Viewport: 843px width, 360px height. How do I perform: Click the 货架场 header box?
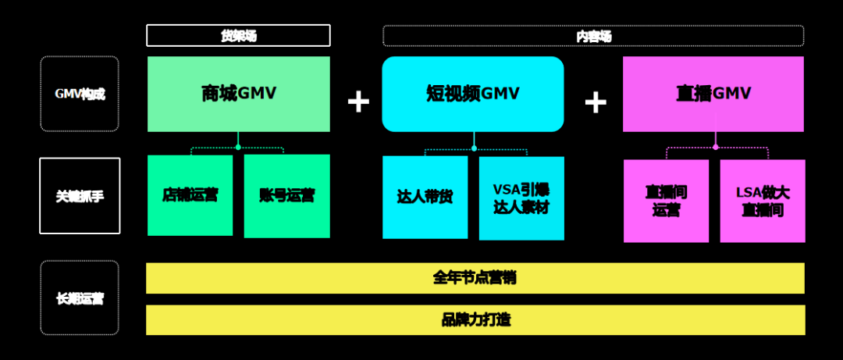coord(238,35)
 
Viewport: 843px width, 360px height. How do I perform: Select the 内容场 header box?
coord(593,36)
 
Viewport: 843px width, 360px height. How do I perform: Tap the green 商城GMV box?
coord(238,94)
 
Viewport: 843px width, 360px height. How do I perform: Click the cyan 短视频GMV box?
coord(473,94)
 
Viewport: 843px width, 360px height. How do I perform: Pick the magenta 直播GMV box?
coord(713,94)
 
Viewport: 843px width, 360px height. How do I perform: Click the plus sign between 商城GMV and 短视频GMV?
coord(358,102)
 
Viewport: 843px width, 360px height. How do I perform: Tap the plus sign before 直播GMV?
coord(596,102)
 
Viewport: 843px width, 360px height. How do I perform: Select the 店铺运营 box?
coord(190,195)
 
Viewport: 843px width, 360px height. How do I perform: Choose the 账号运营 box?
coord(286,195)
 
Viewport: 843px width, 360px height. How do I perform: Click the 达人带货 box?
coord(425,198)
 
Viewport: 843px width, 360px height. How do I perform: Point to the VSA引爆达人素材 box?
coord(521,198)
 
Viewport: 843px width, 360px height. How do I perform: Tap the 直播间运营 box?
coord(666,201)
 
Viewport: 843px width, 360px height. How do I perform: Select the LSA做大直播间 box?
coord(763,201)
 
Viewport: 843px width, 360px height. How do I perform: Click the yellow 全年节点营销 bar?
coord(475,278)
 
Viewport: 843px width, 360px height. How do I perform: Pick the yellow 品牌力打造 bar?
coord(475,320)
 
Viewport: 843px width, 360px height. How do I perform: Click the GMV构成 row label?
coord(80,94)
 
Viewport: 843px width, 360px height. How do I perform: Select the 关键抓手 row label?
coord(80,196)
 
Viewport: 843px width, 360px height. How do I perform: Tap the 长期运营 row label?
coord(80,298)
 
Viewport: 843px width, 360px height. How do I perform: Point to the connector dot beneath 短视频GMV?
coord(474,147)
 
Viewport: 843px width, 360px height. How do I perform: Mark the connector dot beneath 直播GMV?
coord(715,146)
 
